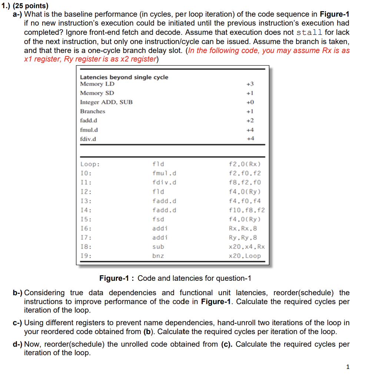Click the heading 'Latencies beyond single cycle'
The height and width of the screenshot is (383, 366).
124,77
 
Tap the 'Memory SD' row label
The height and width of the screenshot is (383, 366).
97,93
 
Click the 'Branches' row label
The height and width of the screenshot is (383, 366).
93,111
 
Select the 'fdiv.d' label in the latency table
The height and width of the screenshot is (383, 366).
88,139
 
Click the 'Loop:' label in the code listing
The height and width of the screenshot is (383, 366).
90,164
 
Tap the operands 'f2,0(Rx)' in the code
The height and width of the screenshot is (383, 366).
245,164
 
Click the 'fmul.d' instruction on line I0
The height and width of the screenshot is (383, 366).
164,173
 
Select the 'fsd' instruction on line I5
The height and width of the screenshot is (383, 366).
158,219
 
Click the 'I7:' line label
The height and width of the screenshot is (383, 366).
86,237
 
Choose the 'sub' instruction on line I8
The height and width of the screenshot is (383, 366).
158,247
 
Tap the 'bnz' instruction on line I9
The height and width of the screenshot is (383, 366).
158,256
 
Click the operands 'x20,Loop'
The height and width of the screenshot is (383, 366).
245,256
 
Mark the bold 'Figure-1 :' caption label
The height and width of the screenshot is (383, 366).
117,278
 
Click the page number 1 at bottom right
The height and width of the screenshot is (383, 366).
347,367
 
